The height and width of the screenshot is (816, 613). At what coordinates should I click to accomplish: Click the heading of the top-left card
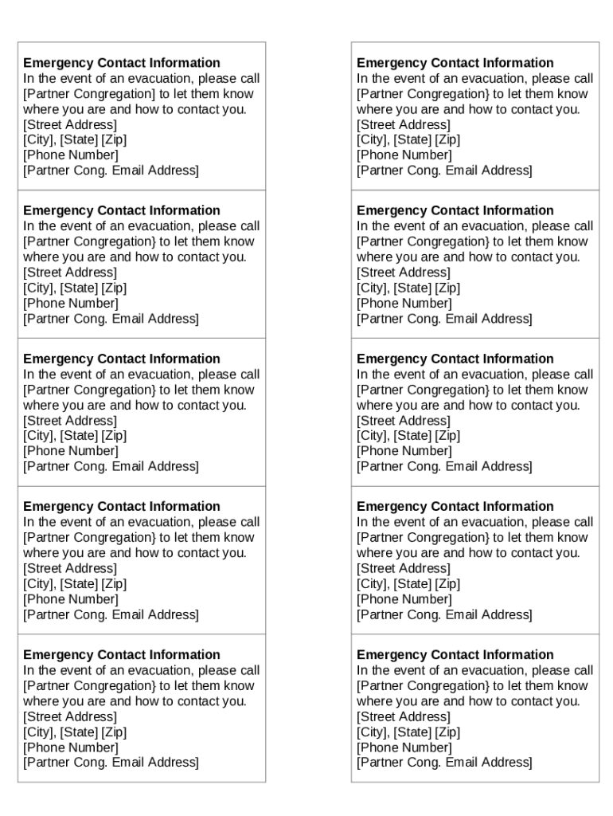click(x=122, y=63)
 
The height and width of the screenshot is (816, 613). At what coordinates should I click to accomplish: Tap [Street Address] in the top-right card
click(x=403, y=124)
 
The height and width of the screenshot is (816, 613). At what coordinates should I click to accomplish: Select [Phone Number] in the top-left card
click(x=70, y=155)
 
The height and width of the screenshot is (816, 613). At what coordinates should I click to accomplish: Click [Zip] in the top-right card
click(x=447, y=139)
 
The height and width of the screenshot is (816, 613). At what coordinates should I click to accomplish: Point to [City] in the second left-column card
click(x=39, y=288)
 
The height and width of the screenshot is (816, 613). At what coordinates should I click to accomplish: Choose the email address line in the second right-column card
click(x=444, y=318)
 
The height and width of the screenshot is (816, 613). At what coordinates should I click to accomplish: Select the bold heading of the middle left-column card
click(x=122, y=359)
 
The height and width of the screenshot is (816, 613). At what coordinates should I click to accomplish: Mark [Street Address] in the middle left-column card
click(x=70, y=420)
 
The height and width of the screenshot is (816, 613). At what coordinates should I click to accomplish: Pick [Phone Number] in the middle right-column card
click(x=404, y=450)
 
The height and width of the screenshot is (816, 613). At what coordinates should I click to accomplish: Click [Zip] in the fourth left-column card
click(x=113, y=583)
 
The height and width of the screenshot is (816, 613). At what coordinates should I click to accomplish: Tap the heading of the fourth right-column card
click(x=455, y=506)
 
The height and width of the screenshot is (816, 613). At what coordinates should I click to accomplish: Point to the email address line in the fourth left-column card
click(x=111, y=614)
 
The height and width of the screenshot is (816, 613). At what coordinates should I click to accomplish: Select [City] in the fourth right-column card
click(x=373, y=583)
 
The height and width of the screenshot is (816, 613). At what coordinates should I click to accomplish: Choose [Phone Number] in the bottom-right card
click(x=404, y=747)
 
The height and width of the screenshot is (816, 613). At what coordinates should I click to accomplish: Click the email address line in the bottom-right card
click(x=444, y=762)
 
